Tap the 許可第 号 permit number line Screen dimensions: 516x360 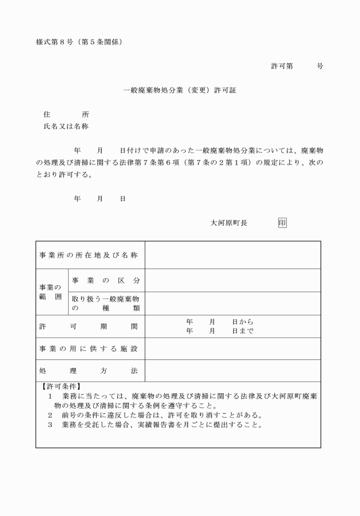tap(297, 66)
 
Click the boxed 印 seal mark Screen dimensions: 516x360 tap(282, 223)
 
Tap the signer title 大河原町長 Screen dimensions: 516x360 tap(229, 223)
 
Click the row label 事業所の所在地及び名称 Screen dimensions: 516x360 tap(89, 255)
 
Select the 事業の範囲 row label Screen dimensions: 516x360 tap(51, 292)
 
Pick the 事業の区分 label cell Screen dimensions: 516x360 tap(106, 281)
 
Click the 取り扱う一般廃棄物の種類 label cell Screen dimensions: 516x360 tap(106, 303)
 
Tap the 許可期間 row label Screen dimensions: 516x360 tap(89, 326)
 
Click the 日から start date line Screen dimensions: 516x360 tap(219, 322)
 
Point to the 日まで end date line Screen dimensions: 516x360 tap(219, 331)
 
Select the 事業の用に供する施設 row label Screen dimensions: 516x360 tap(89, 349)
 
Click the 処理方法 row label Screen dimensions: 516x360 tap(89, 371)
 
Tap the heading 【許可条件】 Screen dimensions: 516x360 tap(61, 386)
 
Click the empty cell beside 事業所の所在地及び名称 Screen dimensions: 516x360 tap(232, 255)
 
